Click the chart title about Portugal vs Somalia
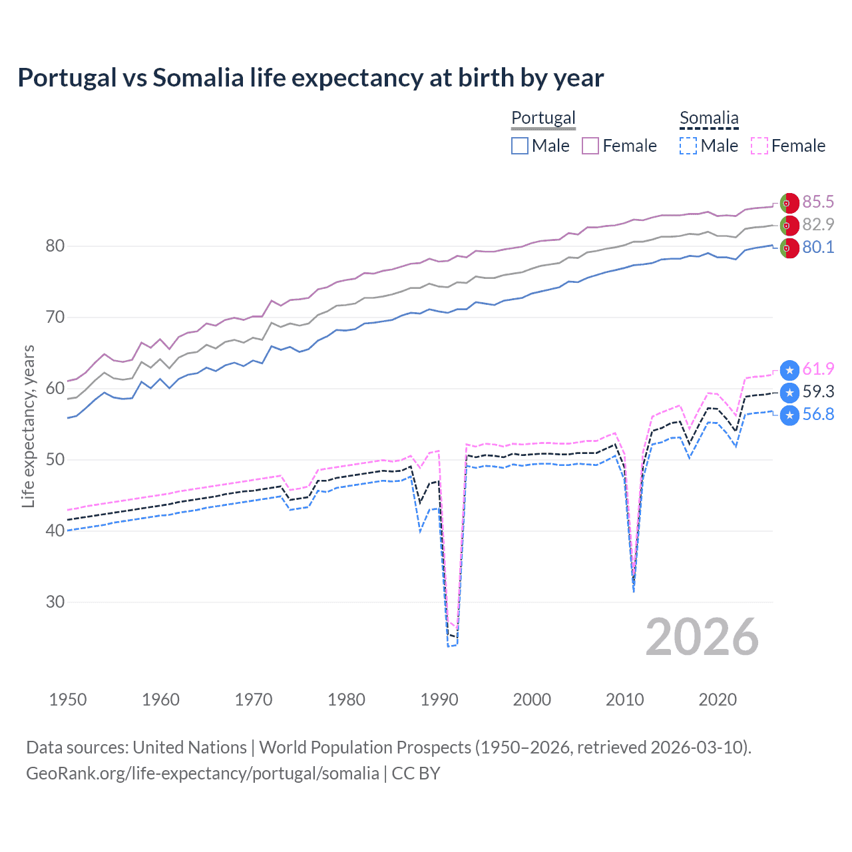click(310, 78)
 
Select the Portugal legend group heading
click(543, 118)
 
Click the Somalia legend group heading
click(709, 118)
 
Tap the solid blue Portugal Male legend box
click(520, 146)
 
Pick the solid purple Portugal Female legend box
click(590, 146)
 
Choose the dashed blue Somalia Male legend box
click(688, 146)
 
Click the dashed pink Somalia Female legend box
click(759, 146)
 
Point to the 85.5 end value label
click(818, 202)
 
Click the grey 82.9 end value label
click(818, 224)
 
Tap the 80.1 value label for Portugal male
click(818, 247)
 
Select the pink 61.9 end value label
click(818, 369)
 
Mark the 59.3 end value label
click(818, 391)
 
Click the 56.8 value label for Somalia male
click(818, 414)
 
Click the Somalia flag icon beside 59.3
click(789, 392)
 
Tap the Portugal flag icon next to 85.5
click(789, 202)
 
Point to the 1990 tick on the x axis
click(439, 700)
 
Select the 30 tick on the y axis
click(55, 602)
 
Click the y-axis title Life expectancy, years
click(28, 426)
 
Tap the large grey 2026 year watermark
click(702, 637)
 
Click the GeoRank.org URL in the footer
click(202, 773)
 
